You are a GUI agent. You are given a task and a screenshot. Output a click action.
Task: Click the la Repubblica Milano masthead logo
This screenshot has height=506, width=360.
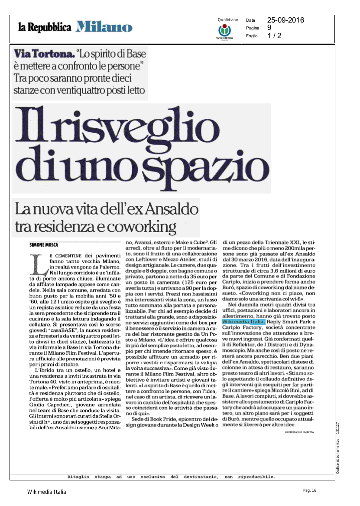point(75,27)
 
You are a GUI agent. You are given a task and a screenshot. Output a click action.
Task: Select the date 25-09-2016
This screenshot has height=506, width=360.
point(285,20)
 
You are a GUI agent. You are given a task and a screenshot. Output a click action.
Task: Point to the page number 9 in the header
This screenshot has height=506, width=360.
point(269,28)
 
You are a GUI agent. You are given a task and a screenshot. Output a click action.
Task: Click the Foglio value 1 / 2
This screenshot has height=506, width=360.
point(274,36)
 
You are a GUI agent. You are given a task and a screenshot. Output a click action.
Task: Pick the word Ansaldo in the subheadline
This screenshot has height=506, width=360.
point(169,210)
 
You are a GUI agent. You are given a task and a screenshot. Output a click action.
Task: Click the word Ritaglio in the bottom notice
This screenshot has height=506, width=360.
point(78,477)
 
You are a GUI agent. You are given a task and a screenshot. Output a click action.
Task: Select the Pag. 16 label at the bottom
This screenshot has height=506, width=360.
point(310,490)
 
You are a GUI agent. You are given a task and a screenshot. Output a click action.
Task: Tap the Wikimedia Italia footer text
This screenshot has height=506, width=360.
point(47,492)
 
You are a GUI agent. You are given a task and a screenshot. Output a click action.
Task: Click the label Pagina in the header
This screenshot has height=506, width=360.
point(253,28)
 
